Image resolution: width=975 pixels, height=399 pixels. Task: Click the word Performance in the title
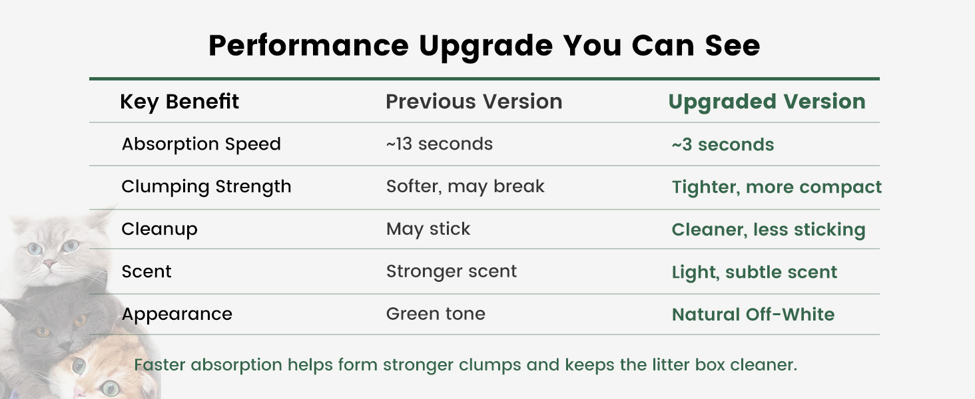[x=308, y=45]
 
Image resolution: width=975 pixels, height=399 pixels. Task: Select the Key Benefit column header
[x=179, y=102]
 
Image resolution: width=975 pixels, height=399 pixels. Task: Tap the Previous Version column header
[x=474, y=102]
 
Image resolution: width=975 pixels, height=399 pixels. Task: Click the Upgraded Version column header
[x=767, y=102]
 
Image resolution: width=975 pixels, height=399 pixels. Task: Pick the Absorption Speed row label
[x=201, y=144]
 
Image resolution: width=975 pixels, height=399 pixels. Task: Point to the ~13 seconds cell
[x=439, y=144]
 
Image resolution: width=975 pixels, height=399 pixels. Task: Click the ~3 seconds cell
[x=723, y=145]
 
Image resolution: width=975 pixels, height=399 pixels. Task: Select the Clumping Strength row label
[x=206, y=187]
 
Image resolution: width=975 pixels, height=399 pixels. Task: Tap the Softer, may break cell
[x=466, y=187]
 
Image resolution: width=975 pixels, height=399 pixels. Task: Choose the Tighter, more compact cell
[x=777, y=188]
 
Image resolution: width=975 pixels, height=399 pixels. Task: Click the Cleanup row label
[x=159, y=229]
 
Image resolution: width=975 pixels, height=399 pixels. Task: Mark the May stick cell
[x=428, y=229]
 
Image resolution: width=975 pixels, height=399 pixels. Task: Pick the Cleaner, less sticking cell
[x=769, y=230]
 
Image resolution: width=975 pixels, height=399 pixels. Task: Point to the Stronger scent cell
[x=452, y=271]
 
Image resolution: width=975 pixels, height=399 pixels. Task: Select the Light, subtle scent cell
[x=755, y=273]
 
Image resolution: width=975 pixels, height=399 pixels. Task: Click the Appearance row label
[x=176, y=315]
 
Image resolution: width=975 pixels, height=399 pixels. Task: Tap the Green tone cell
[x=436, y=314]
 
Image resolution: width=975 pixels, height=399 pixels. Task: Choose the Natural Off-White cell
[x=753, y=315]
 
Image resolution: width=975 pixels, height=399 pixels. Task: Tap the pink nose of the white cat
[x=49, y=263]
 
